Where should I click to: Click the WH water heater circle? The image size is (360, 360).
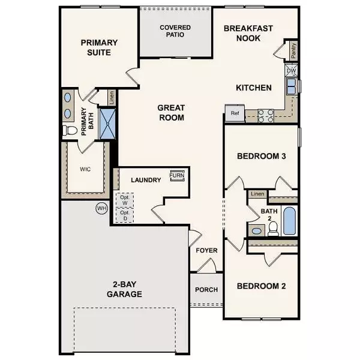click(x=101, y=208)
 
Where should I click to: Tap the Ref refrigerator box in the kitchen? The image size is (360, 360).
click(x=233, y=112)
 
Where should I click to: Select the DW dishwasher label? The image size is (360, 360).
click(x=292, y=71)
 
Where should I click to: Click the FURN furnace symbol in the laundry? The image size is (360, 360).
click(x=177, y=175)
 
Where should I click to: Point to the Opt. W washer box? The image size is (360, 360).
click(x=125, y=200)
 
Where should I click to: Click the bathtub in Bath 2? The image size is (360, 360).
click(x=289, y=221)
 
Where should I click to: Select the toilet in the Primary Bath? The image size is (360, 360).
click(x=70, y=130)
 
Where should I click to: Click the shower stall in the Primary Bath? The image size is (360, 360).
click(x=109, y=123)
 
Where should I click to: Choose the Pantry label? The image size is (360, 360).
click(x=293, y=52)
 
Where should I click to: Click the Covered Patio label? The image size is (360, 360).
click(x=176, y=31)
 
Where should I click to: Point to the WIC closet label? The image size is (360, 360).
click(x=85, y=169)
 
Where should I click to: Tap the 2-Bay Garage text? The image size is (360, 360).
click(x=126, y=289)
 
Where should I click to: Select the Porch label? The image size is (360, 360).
click(x=206, y=290)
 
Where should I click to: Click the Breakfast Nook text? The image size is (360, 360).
click(x=248, y=34)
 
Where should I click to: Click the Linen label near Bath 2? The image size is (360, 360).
click(x=257, y=194)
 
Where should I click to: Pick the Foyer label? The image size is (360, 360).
click(x=206, y=250)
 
